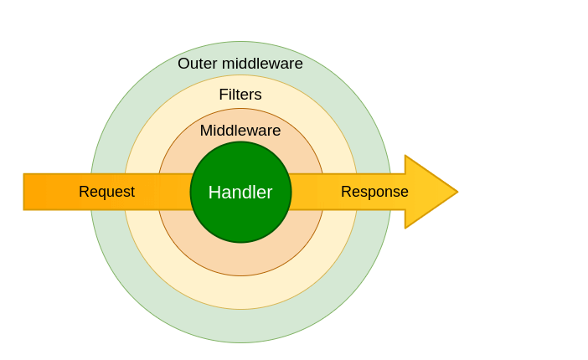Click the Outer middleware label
(240, 64)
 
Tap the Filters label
(240, 95)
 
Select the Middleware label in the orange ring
(240, 131)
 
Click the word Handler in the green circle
(240, 193)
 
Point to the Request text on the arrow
(106, 193)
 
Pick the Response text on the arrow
(374, 193)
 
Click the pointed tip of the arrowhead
(458, 192)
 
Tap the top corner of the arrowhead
(405, 155)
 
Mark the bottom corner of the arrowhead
(405, 228)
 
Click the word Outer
(198, 64)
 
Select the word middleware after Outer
(262, 64)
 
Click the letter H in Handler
(214, 193)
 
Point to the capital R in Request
(84, 192)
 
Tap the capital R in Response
(346, 192)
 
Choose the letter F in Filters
(224, 95)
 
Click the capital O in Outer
(183, 64)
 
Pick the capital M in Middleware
(206, 131)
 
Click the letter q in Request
(101, 194)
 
